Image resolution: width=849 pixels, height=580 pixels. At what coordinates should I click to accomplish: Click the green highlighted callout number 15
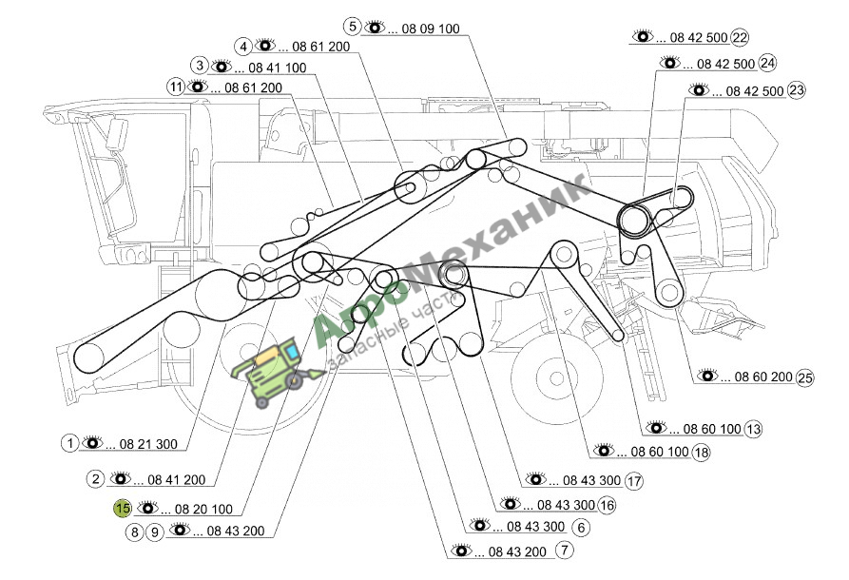(123, 509)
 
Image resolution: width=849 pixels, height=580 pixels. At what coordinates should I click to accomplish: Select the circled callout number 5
(353, 26)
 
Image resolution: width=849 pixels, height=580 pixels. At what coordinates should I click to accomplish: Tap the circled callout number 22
(740, 37)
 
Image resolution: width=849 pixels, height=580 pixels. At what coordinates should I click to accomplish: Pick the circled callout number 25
(805, 377)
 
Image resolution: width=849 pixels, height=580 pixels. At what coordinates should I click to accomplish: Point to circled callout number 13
(753, 429)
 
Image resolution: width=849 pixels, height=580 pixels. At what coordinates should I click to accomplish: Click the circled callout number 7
(564, 551)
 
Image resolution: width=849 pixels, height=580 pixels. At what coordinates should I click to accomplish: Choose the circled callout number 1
(69, 443)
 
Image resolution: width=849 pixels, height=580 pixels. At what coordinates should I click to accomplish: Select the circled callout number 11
(176, 87)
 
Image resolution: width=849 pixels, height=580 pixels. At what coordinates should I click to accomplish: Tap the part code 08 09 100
(431, 29)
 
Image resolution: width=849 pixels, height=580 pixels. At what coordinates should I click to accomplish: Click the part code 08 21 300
(148, 444)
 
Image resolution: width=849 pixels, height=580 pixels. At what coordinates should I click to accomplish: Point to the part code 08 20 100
(203, 509)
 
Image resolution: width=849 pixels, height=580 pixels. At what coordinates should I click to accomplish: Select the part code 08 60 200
(763, 377)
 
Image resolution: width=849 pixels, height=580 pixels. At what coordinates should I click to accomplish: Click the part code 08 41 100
(278, 68)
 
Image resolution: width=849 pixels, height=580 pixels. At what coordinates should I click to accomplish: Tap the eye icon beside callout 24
(670, 63)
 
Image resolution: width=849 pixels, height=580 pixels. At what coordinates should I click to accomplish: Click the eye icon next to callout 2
(121, 478)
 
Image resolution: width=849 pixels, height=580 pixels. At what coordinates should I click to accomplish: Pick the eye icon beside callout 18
(605, 450)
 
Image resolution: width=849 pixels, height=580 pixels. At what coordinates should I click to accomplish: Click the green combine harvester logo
(276, 371)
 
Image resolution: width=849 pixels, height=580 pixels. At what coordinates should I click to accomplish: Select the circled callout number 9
(155, 532)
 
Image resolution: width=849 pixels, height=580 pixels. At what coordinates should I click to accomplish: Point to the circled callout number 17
(633, 480)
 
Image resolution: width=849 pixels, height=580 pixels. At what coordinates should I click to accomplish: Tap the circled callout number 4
(243, 47)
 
